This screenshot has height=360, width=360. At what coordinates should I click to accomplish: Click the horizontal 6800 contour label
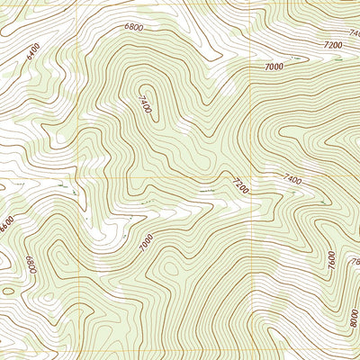point(134,28)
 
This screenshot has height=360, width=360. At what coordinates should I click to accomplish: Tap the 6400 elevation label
point(34,62)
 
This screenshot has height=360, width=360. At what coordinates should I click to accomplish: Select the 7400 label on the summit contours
point(146,104)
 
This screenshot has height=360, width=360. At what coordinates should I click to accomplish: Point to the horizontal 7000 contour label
point(274,67)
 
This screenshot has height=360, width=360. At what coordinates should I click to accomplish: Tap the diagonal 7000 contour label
point(147,240)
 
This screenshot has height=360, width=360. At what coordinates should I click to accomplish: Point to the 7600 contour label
point(331,260)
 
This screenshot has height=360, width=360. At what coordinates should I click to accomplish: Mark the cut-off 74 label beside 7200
point(354,34)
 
